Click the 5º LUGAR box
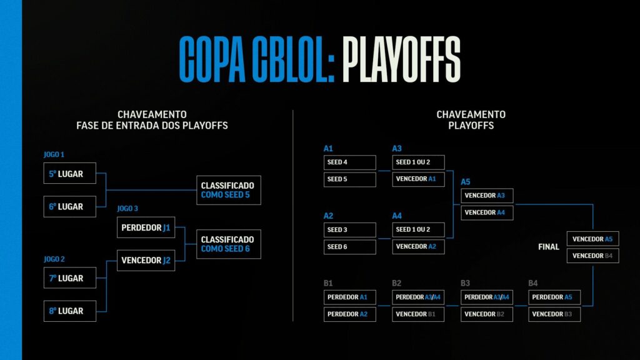(x=70, y=173)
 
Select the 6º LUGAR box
(x=70, y=206)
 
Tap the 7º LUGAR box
(x=70, y=277)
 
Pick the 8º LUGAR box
(x=70, y=311)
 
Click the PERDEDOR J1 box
(x=146, y=227)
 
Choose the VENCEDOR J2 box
(x=146, y=260)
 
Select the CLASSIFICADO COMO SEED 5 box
(x=228, y=190)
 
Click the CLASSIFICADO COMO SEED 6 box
(x=228, y=244)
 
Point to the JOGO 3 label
(x=127, y=209)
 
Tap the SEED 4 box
(x=350, y=162)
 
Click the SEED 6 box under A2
(x=350, y=247)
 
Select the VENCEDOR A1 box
(x=418, y=179)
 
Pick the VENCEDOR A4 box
(x=487, y=212)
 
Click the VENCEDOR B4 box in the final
(x=592, y=256)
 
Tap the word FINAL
(x=549, y=247)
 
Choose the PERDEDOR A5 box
(x=554, y=297)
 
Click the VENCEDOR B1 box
(x=418, y=314)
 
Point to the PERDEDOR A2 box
(x=350, y=314)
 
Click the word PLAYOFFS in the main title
(x=401, y=60)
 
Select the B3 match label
(x=466, y=283)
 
